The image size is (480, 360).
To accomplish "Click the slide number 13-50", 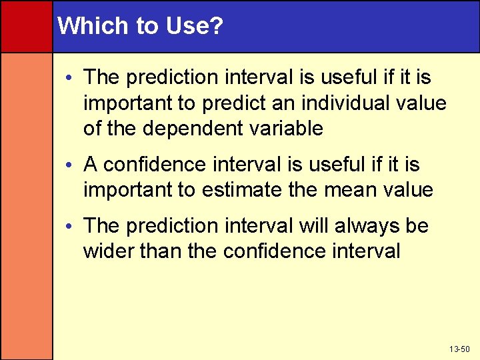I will (459, 349).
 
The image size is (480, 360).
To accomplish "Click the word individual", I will (339, 103).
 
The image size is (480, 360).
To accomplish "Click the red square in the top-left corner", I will (26, 26).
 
